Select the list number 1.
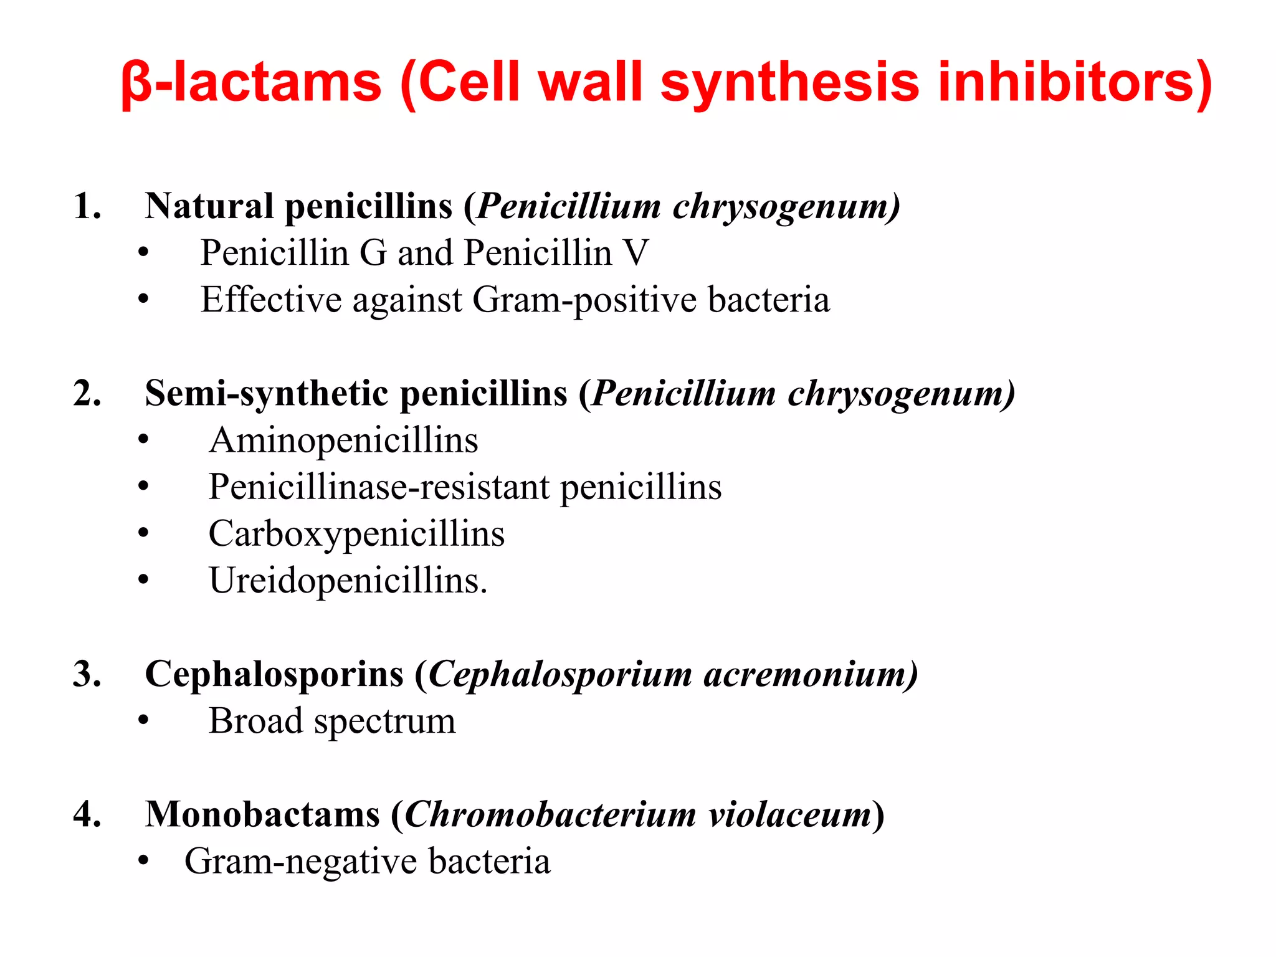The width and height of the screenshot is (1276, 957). point(87,206)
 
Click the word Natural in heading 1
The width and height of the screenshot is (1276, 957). point(209,206)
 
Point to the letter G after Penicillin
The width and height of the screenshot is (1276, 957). point(373,254)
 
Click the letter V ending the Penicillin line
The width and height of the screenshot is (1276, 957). point(636,254)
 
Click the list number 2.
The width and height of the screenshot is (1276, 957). point(87,394)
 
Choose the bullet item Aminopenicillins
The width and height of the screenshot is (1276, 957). point(343,440)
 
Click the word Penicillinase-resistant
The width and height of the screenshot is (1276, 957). point(379,487)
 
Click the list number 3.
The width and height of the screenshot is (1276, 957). point(87,675)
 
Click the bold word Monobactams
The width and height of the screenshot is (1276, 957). point(262,815)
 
